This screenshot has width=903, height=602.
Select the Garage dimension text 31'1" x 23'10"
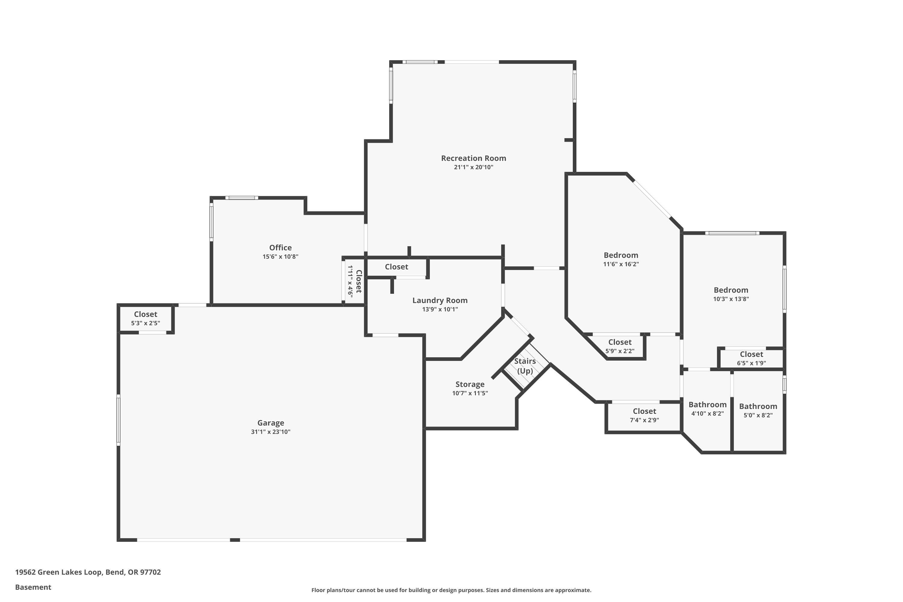271,432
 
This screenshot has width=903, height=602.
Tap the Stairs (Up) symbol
525,366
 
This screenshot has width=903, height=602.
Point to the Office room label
280,248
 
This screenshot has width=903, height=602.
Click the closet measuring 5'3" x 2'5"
145,318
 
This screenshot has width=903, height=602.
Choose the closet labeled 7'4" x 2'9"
644,415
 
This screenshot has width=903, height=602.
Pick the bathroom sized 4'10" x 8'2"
707,409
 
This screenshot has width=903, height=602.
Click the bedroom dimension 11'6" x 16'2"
621,264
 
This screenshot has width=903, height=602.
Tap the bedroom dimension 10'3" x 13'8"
731,299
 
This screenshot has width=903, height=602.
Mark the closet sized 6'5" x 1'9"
751,358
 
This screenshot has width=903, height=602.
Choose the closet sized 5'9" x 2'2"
620,346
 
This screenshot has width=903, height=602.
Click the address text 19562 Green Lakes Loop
88,572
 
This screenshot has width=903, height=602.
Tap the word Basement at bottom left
33,587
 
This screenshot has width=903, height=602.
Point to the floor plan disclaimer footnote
451,590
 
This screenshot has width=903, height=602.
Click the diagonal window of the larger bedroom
652,199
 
